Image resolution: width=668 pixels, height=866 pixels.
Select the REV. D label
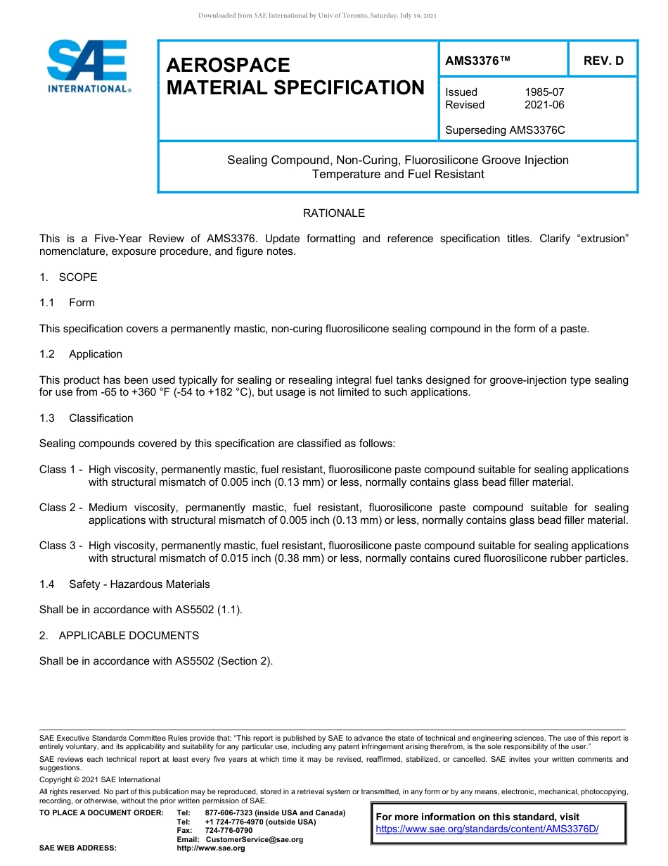pyautogui.click(x=603, y=61)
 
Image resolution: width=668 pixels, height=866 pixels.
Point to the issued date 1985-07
pyautogui.click(x=544, y=92)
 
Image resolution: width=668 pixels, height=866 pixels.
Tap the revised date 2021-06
pyautogui.click(x=544, y=105)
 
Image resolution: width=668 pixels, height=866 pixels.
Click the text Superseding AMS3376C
pyautogui.click(x=505, y=130)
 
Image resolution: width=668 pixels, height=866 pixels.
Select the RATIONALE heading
pyautogui.click(x=333, y=213)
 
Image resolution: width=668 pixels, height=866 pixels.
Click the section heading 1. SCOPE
pyautogui.click(x=68, y=277)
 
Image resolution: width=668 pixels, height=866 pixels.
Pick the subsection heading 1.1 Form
pyautogui.click(x=67, y=303)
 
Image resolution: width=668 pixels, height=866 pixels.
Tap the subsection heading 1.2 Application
pyautogui.click(x=81, y=354)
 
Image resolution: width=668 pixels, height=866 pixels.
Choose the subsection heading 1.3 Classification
pyautogui.click(x=86, y=418)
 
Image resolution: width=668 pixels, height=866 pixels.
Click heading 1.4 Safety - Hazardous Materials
pyautogui.click(x=124, y=584)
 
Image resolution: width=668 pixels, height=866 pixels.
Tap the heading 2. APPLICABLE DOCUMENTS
pyautogui.click(x=119, y=636)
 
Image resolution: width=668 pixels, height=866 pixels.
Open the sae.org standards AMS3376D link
pyautogui.click(x=487, y=829)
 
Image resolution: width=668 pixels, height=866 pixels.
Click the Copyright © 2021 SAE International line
pyautogui.click(x=100, y=779)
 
